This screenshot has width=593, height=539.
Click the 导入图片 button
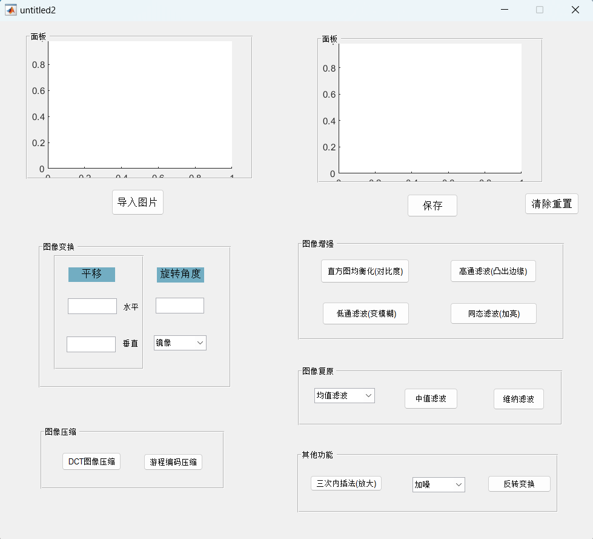pos(137,202)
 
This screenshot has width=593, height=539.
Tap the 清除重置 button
pos(551,204)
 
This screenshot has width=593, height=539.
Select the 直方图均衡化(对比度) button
pos(365,271)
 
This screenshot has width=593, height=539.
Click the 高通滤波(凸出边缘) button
pos(493,271)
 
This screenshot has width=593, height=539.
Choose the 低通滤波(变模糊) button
pos(365,313)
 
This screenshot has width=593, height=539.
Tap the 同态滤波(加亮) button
pos(493,313)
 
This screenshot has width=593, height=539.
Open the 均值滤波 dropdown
pos(344,396)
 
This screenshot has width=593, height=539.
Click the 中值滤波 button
pos(431,398)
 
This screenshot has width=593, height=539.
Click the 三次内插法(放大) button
pos(346,483)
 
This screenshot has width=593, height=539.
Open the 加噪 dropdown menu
pos(438,484)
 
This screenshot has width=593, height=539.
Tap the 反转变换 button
pos(519,483)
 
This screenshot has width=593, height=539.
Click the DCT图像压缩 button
pos(91,461)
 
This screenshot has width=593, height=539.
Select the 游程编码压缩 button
pos(173,462)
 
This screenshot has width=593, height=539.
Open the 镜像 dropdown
pos(180,343)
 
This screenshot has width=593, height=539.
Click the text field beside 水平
pos(92,306)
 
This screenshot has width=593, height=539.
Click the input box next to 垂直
pos(91,344)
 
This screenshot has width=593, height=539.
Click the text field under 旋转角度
pos(180,306)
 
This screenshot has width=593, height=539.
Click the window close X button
pos(575,10)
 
